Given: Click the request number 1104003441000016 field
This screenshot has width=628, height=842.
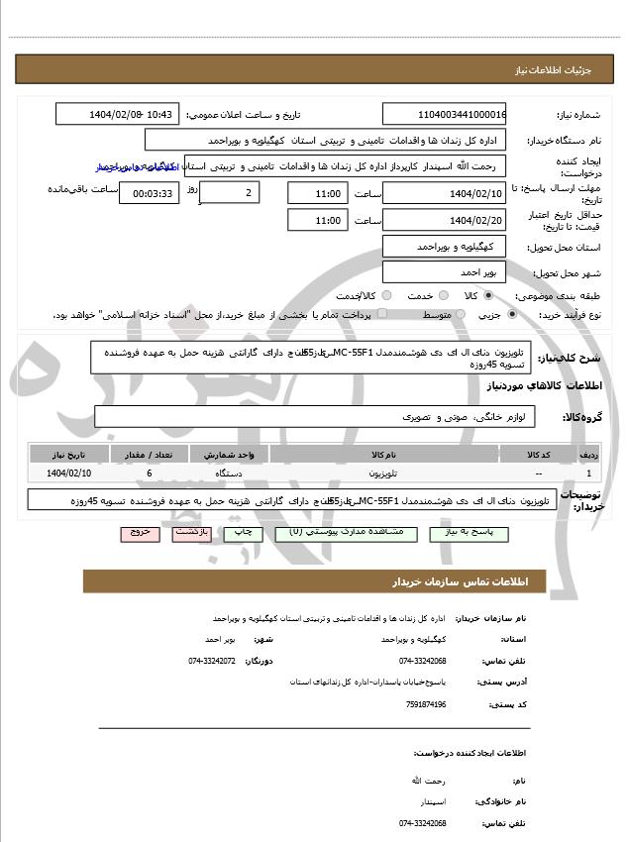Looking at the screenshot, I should click(444, 114).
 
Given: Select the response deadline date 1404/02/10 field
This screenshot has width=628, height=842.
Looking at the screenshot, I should click(444, 192).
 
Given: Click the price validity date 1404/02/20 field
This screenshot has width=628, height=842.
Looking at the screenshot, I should click(444, 220).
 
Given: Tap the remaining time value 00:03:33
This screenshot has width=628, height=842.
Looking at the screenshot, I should click(150, 193).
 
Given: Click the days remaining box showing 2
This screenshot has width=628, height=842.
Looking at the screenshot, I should click(231, 192).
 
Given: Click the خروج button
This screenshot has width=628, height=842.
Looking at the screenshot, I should click(140, 533).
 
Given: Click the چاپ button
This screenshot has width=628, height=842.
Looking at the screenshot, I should click(241, 533).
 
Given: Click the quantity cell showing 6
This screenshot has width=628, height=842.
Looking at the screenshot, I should click(149, 474).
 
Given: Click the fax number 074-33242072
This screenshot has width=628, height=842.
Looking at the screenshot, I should click(212, 660).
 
